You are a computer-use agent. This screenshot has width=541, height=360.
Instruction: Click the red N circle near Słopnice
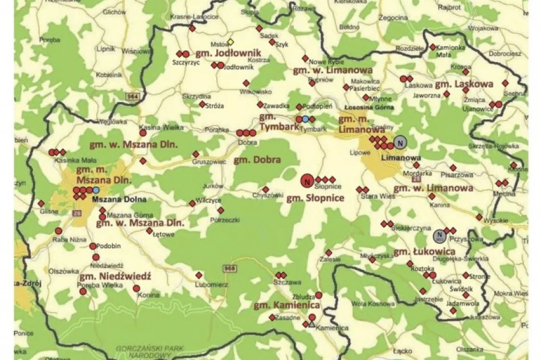pyautogui.click(x=306, y=182)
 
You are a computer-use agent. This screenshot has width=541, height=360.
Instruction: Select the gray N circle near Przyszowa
pyautogui.click(x=439, y=235)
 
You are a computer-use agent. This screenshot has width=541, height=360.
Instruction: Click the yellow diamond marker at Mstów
pyautogui.click(x=231, y=42)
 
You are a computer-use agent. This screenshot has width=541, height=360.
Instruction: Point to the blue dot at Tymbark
pyautogui.click(x=305, y=119)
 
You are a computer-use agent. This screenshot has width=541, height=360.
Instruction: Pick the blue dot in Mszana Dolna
pyautogui.click(x=96, y=190)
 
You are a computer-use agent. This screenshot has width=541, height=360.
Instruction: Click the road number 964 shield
pyautogui.click(x=133, y=96)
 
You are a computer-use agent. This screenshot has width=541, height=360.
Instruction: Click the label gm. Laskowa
pyautogui.click(x=464, y=84)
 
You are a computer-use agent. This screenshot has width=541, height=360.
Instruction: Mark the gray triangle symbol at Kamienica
pyautogui.click(x=311, y=324)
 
